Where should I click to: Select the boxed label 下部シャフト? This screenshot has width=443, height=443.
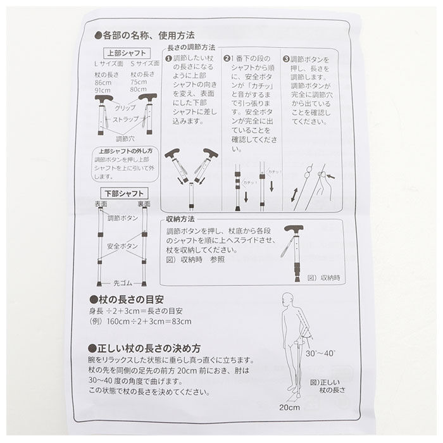[123, 193]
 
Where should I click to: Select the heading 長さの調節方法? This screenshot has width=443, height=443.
[190, 47]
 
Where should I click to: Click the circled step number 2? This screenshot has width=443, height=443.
[227, 59]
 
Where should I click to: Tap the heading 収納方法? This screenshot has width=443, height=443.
[179, 218]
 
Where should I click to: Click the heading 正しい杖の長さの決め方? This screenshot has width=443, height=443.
[148, 348]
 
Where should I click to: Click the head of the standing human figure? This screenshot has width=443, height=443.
[289, 300]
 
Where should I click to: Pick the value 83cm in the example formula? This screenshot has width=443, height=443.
[182, 322]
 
